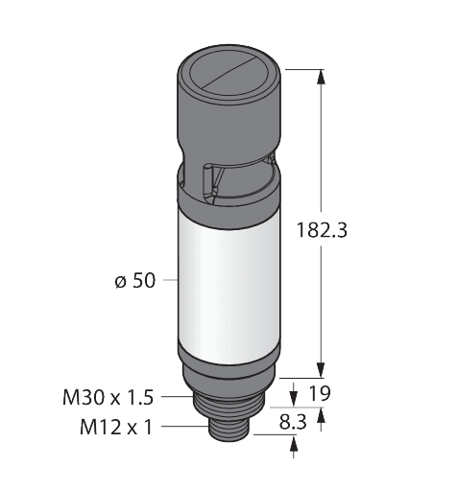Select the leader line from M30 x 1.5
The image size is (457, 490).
[x=177, y=394]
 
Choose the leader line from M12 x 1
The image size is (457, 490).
[x=183, y=425]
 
